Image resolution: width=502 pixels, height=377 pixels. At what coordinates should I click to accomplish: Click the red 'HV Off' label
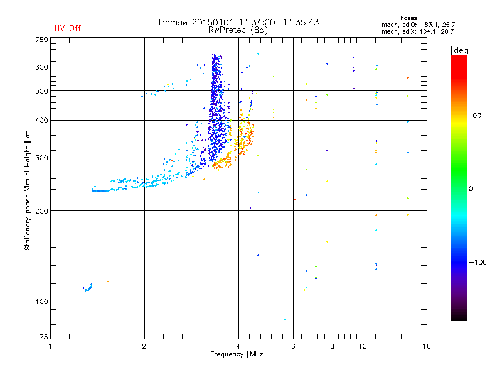[68, 28]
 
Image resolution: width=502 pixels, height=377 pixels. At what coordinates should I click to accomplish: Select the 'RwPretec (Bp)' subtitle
[238, 30]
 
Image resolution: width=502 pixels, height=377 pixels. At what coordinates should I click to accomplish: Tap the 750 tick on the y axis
[41, 40]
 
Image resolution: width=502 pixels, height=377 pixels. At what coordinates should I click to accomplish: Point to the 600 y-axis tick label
[41, 67]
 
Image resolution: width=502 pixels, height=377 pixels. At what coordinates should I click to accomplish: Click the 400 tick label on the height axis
[41, 120]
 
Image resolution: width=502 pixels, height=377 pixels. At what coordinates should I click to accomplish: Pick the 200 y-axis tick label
[41, 210]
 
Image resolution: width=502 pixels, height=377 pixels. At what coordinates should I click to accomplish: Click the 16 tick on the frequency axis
[427, 347]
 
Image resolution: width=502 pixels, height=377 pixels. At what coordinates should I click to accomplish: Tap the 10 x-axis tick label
[362, 347]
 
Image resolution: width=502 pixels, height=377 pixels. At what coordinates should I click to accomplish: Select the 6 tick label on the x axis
[293, 347]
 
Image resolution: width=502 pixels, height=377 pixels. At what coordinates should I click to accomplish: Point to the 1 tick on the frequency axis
[50, 347]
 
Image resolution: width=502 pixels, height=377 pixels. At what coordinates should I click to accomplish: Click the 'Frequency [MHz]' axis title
[238, 356]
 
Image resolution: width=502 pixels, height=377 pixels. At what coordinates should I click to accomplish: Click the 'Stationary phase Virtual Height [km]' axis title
[28, 188]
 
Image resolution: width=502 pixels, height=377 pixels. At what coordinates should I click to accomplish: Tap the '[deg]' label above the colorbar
[461, 50]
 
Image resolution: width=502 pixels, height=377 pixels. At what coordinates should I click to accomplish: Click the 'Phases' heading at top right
[407, 18]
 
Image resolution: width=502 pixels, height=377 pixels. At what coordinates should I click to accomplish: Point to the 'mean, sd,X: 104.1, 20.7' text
[417, 31]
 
